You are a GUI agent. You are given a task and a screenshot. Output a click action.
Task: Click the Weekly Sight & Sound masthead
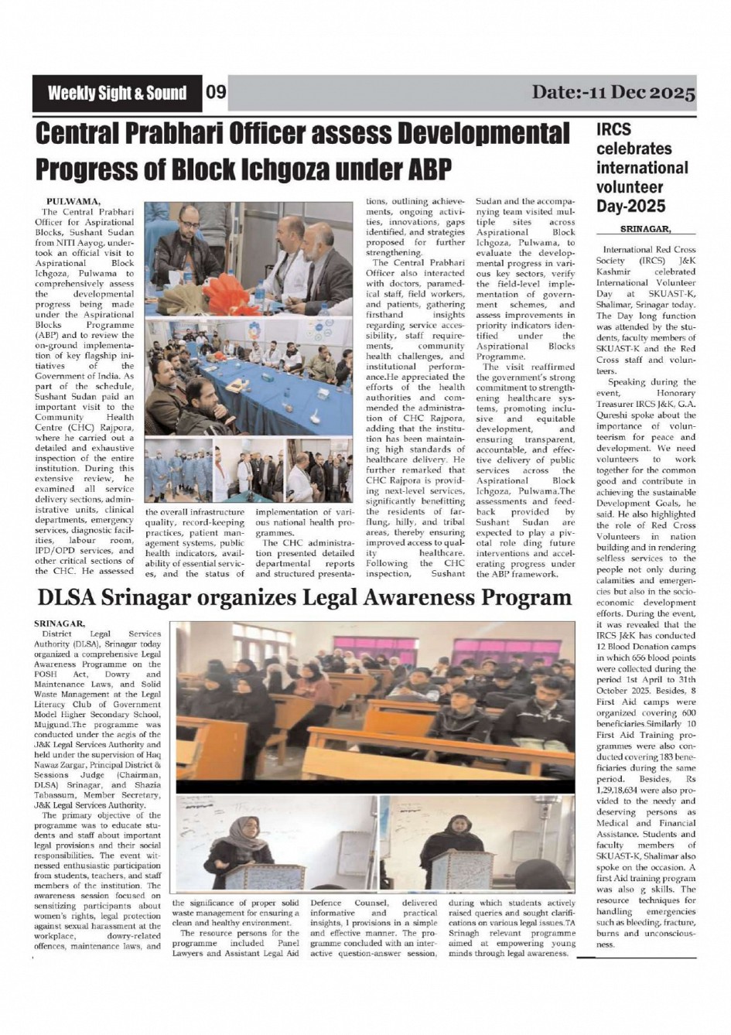(x=117, y=94)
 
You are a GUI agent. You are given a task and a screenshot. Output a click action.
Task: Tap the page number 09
(x=216, y=94)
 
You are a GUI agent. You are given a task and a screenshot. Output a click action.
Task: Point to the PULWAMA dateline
(x=73, y=201)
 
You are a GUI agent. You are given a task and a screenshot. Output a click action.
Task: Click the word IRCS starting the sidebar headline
(x=613, y=130)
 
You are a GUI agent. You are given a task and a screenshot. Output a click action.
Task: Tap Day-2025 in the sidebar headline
(x=630, y=206)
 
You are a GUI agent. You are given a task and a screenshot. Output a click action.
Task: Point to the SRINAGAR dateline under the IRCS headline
(x=646, y=230)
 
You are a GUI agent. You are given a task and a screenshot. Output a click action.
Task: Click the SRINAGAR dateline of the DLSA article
(x=60, y=623)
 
